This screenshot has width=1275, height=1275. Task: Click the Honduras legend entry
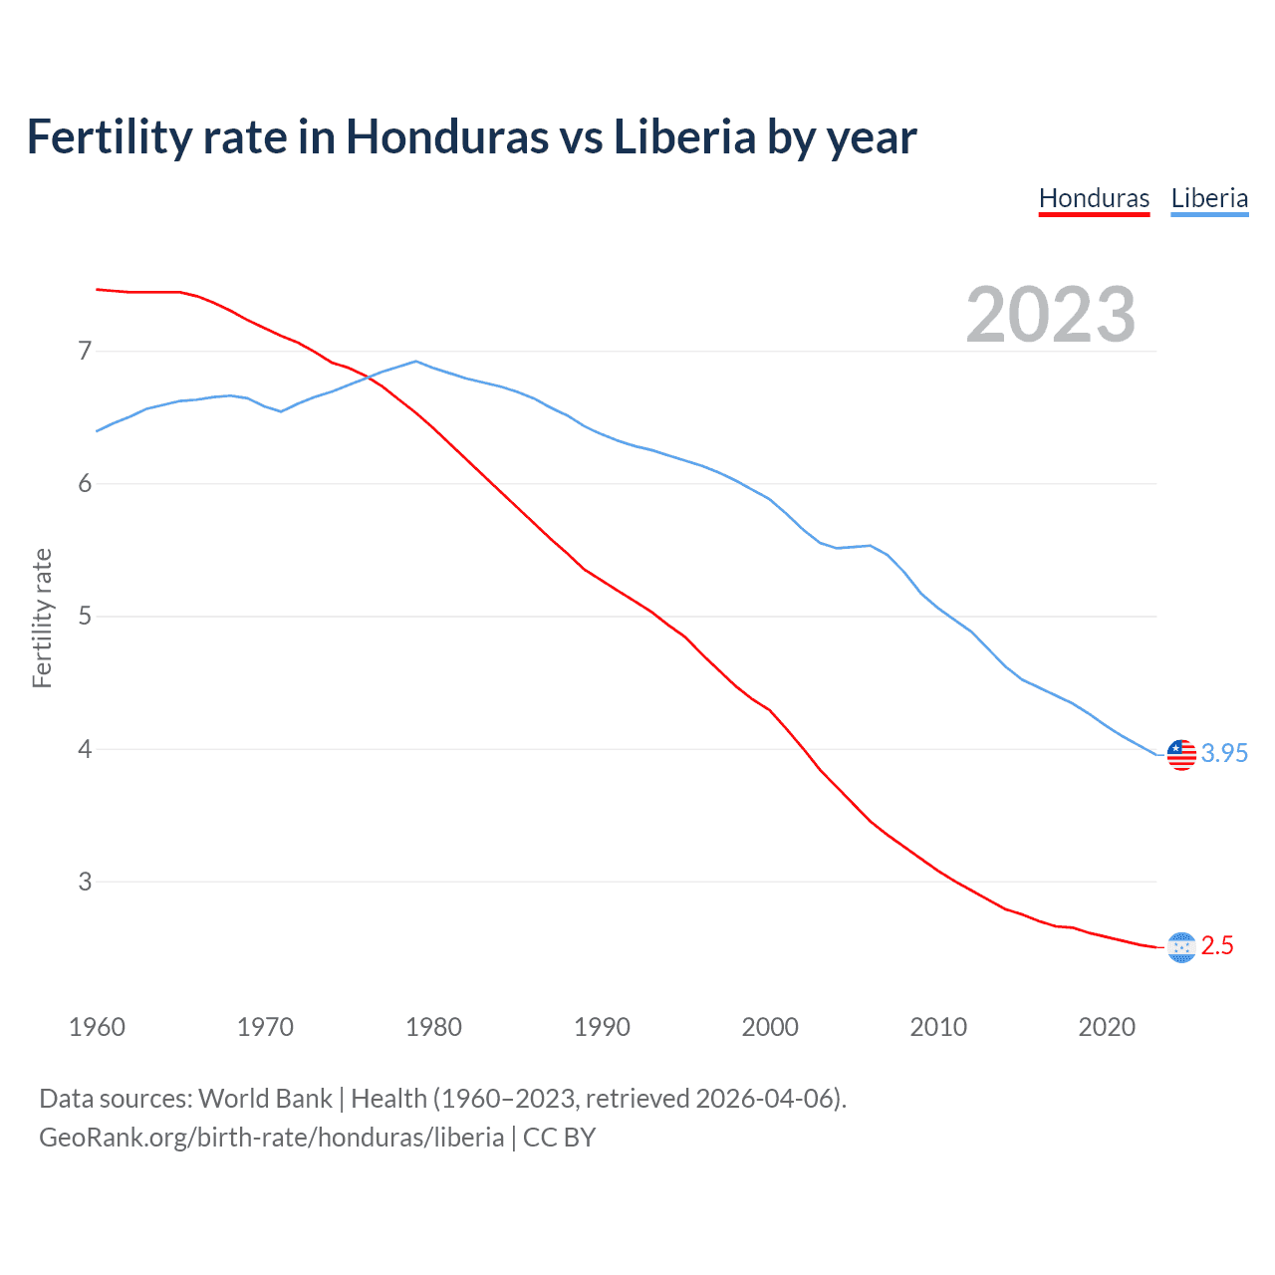1094,198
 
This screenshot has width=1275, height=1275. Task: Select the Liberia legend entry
1209,198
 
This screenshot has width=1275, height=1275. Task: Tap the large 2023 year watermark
1051,315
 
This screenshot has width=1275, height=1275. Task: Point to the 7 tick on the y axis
85,351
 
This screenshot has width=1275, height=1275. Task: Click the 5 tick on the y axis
85,616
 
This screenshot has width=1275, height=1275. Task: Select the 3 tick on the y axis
85,882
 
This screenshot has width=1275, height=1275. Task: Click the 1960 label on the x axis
97,1027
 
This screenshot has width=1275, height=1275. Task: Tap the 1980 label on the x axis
433,1027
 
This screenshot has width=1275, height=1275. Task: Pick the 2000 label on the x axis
770,1027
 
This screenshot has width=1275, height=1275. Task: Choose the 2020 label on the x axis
1107,1027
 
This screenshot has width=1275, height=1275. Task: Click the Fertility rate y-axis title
42,618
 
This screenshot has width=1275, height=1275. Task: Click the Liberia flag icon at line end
1181,754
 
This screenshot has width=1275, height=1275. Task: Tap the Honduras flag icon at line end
1181,947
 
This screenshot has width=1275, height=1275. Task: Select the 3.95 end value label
1224,754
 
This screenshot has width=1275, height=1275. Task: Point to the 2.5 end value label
1217,946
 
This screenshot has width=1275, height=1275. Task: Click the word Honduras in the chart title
446,136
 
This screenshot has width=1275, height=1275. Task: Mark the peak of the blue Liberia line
416,362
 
